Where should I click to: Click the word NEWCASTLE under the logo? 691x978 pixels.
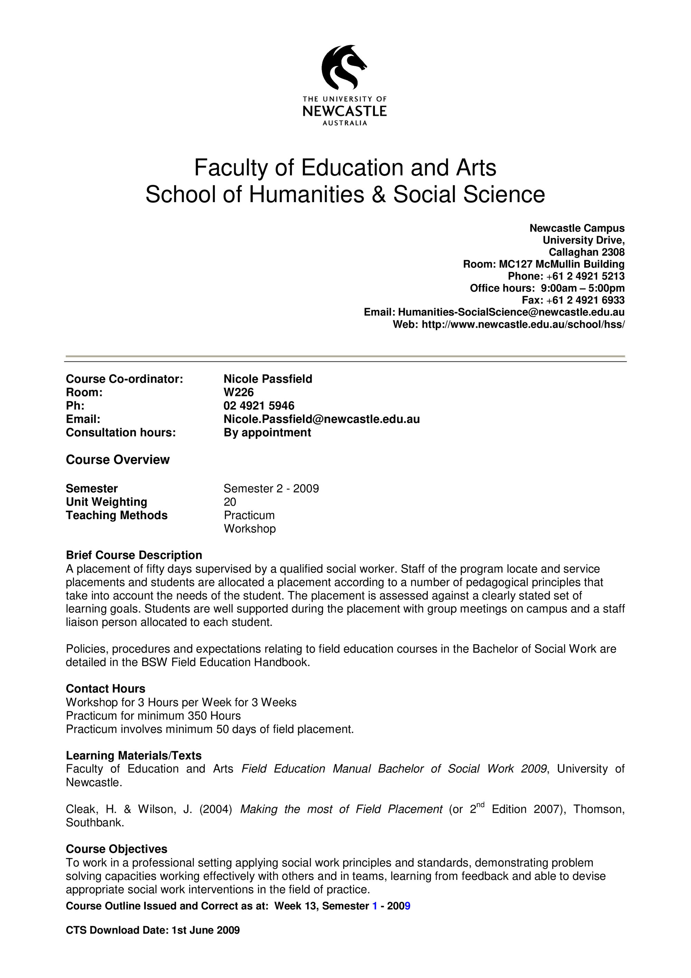click(x=344, y=112)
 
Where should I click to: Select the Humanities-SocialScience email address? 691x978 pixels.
click(x=511, y=312)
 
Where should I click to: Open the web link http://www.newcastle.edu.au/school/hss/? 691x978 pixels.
click(x=523, y=324)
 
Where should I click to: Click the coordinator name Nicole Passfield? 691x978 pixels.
click(x=268, y=379)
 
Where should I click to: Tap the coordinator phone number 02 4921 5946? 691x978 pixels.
click(x=259, y=405)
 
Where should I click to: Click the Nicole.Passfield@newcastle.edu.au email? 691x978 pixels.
click(x=321, y=419)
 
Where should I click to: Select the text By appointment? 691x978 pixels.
click(x=267, y=432)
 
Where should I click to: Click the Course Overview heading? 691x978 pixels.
click(x=117, y=460)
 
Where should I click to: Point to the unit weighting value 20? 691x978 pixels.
click(x=230, y=502)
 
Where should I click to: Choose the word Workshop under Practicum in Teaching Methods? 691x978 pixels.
click(x=250, y=529)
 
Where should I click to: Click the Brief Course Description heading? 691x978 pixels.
click(x=134, y=555)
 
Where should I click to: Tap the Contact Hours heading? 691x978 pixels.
click(x=106, y=689)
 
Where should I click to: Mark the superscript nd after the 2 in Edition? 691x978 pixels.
click(x=481, y=803)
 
